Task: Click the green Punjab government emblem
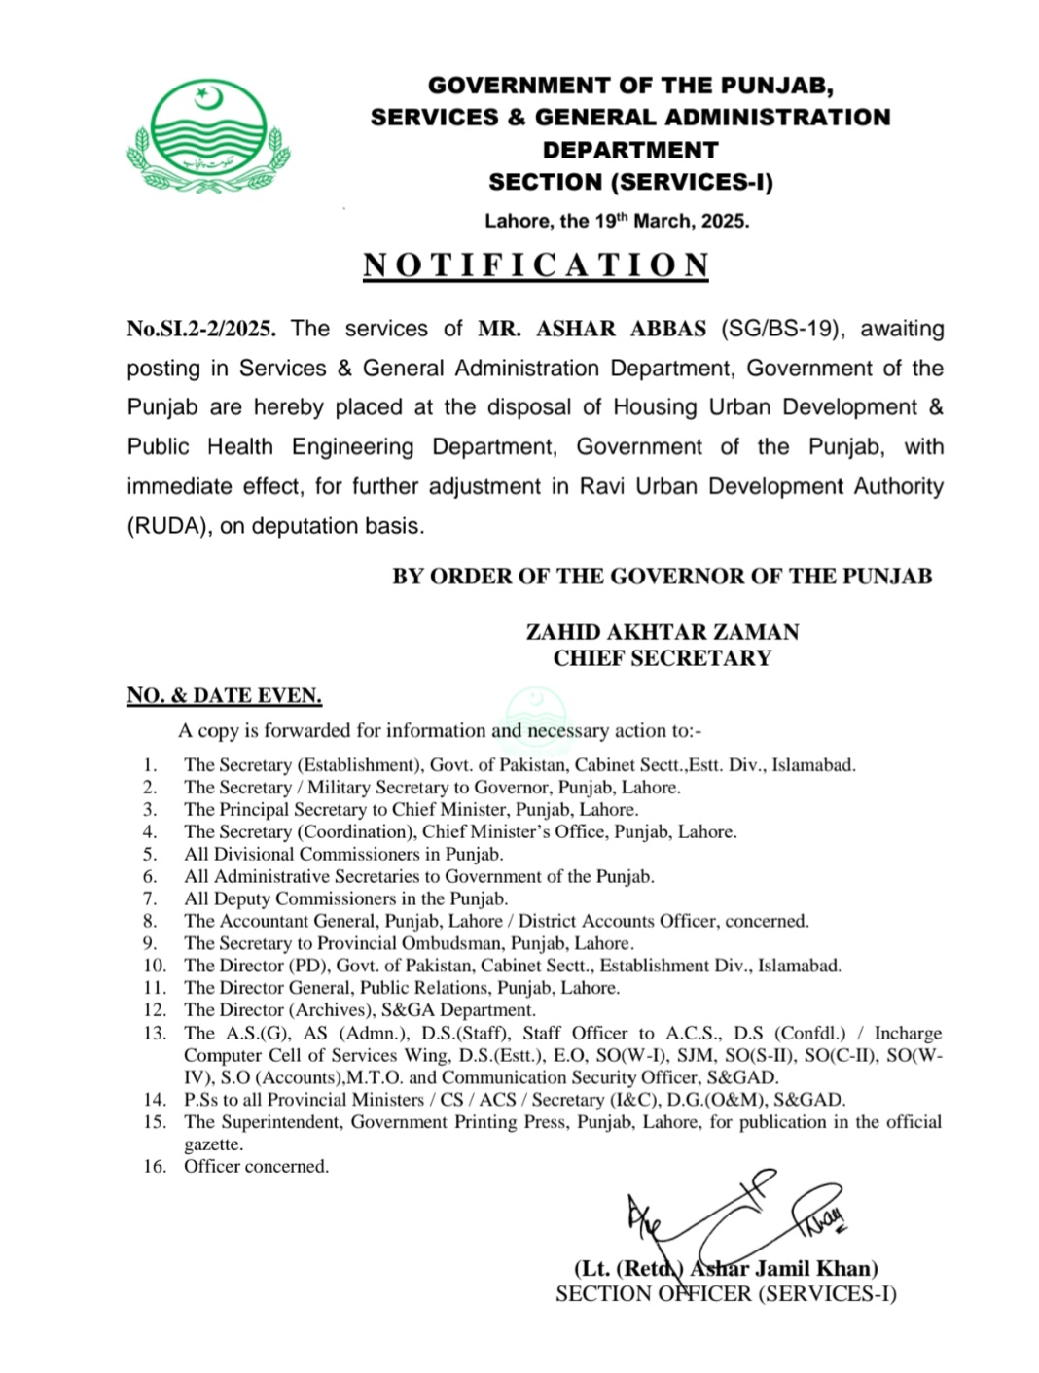(x=208, y=137)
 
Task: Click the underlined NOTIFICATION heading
(x=536, y=265)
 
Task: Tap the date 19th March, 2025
(x=671, y=221)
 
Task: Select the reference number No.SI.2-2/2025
(x=201, y=329)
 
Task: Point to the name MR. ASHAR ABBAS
(x=591, y=329)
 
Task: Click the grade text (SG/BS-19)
(x=779, y=329)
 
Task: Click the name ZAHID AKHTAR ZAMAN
(x=663, y=632)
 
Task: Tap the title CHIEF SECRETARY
(x=663, y=658)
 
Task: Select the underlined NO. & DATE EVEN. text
(x=224, y=695)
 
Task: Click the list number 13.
(x=155, y=1033)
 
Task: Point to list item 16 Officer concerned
(x=256, y=1166)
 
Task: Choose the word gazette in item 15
(x=213, y=1144)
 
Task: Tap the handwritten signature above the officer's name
(x=730, y=1215)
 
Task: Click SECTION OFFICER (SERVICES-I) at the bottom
(x=726, y=1294)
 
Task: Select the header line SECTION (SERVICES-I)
(x=630, y=182)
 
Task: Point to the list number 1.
(x=150, y=765)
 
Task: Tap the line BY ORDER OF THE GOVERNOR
(x=662, y=577)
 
